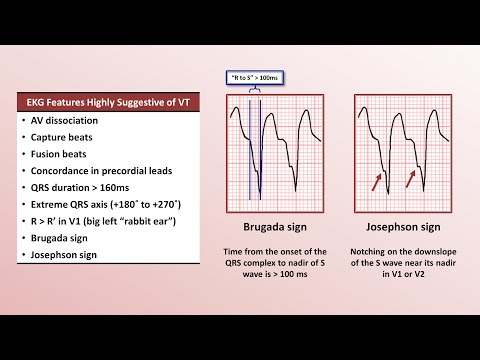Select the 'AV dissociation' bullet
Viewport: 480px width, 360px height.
point(66,119)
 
